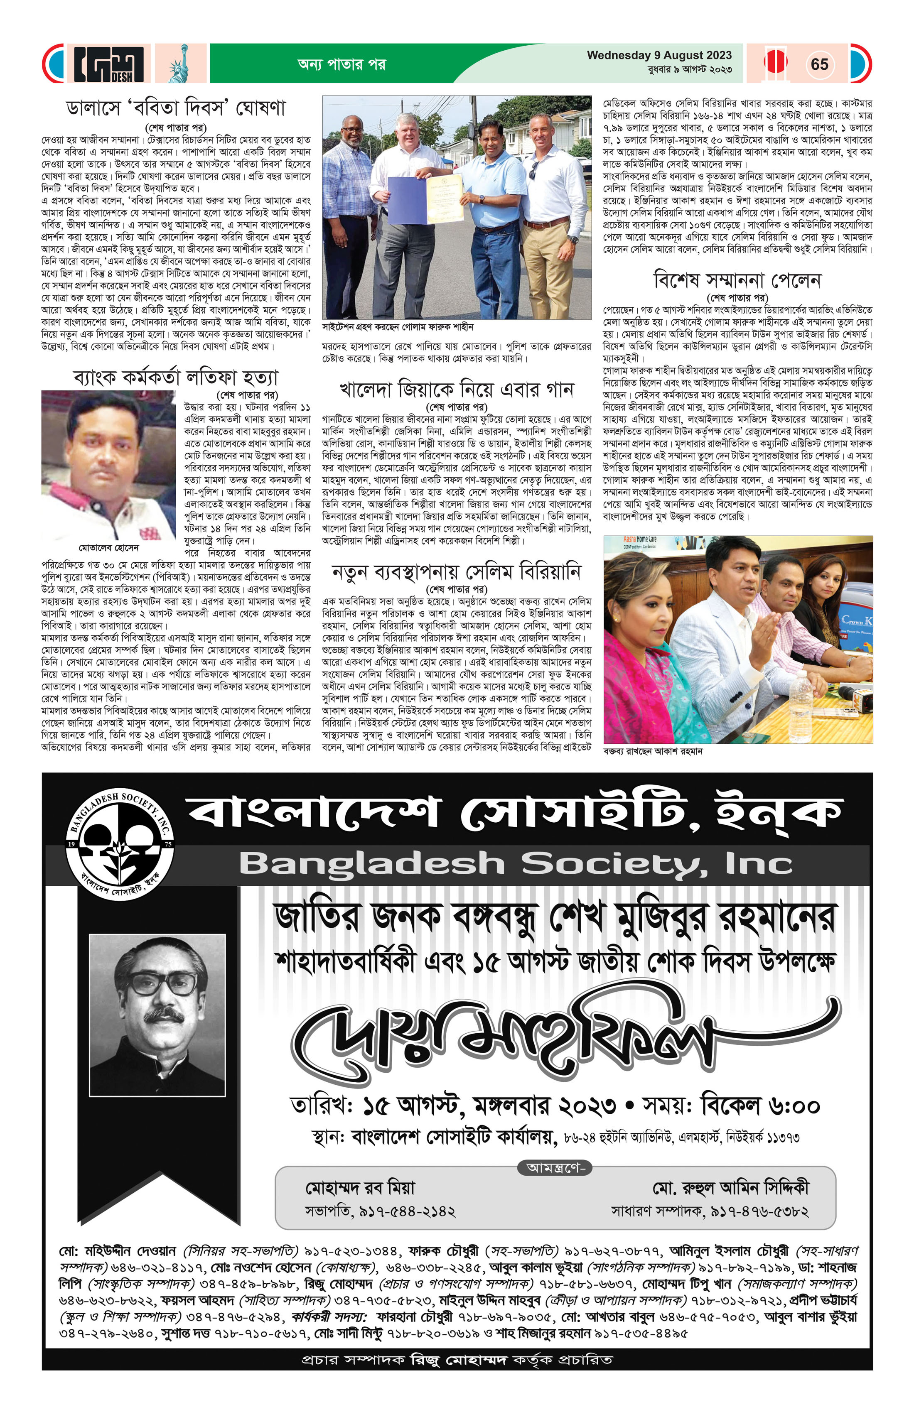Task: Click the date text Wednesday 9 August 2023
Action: coord(659,55)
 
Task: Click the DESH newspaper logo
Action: coord(109,64)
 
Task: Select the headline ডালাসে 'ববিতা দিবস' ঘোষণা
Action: coord(176,108)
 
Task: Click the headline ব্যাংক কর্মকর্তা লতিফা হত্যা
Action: coord(176,378)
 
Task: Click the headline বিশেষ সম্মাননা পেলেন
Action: coord(737,280)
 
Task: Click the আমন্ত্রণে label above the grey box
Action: coord(555,1167)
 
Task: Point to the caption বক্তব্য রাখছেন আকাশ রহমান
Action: coord(653,751)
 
